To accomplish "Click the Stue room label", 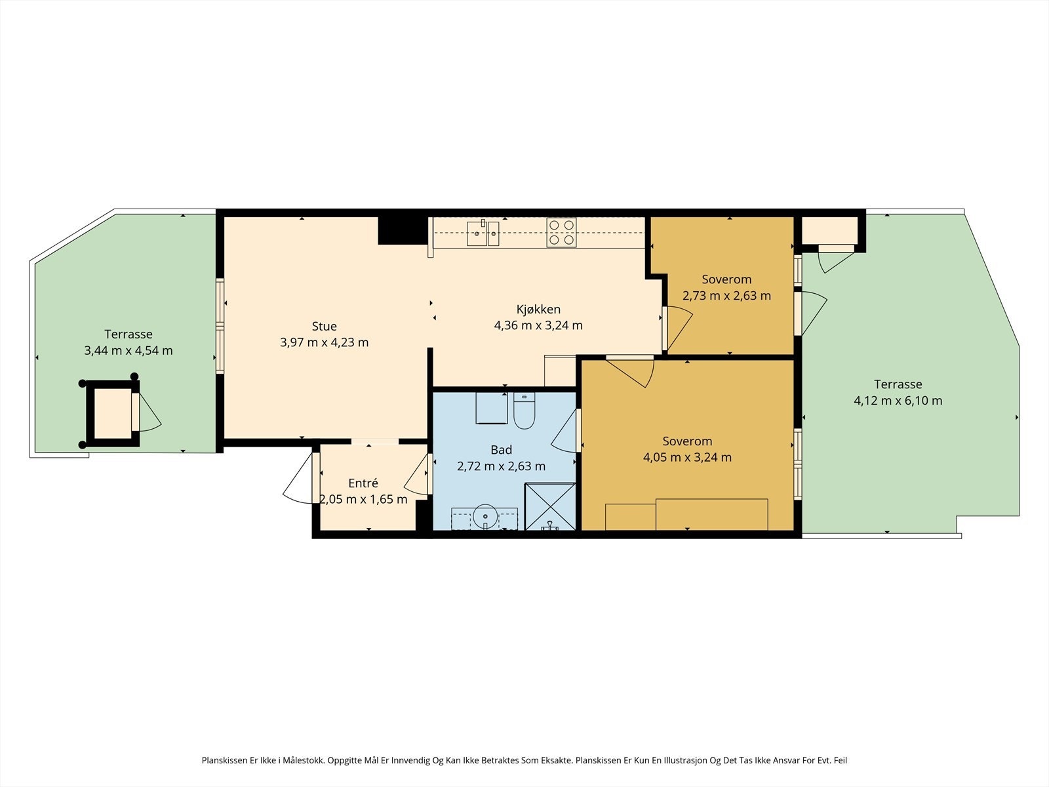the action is [x=324, y=327].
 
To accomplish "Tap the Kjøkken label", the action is [x=538, y=309].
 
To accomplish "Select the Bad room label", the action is [x=501, y=450].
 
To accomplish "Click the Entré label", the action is [x=363, y=483].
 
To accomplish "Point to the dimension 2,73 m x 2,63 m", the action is [x=726, y=296].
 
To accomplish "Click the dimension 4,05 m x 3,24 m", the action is [x=687, y=457].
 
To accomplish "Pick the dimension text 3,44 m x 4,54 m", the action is [x=128, y=351].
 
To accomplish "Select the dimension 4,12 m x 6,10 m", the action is [x=898, y=401].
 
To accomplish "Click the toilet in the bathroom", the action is [x=524, y=411].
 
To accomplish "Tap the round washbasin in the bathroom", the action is [x=485, y=517].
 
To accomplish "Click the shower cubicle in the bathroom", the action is [x=550, y=506].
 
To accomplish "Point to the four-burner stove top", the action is [x=561, y=233].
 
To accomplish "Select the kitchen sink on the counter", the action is [x=483, y=233].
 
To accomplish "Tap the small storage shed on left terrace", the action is [x=112, y=414].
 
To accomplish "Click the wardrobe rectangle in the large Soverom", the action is [x=711, y=515].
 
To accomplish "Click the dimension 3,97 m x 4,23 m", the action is [x=324, y=342].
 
